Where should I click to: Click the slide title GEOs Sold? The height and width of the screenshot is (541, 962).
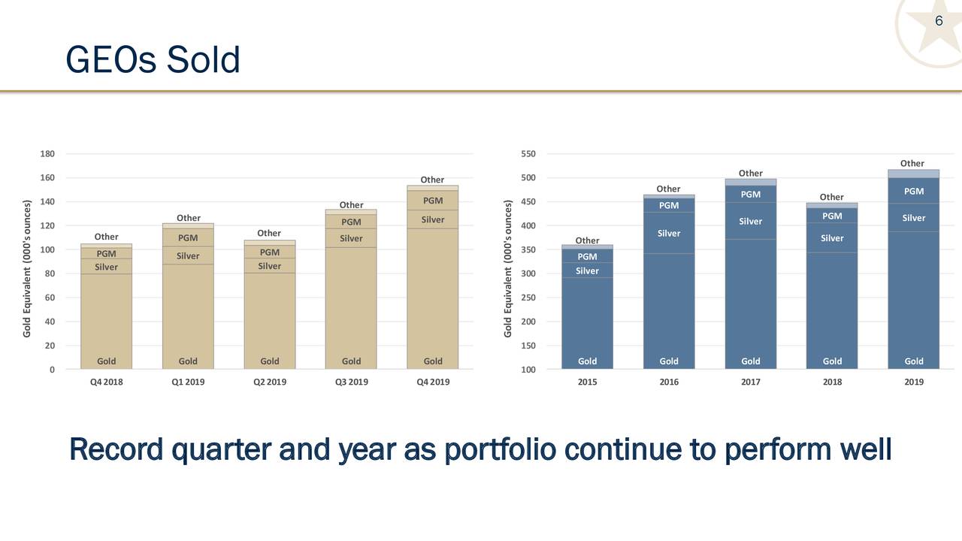point(153,60)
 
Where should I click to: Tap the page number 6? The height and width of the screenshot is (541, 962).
point(939,21)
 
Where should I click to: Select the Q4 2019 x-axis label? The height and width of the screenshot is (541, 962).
point(432,382)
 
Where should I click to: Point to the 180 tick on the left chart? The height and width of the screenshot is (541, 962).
point(47,154)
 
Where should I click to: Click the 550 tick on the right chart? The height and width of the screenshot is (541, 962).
point(528,154)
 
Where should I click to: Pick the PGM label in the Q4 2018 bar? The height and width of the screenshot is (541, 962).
point(106,254)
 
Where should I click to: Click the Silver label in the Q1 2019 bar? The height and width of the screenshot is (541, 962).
point(188,256)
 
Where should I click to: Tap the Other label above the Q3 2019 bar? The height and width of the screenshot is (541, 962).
point(351,205)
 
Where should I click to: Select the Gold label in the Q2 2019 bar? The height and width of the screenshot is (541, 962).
point(269,361)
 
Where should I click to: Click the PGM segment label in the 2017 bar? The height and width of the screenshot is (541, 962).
point(750,195)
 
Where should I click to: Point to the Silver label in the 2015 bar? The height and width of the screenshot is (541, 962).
point(587,271)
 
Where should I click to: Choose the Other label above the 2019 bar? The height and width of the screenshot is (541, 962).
point(912,164)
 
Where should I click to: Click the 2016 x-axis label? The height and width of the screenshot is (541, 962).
point(669,382)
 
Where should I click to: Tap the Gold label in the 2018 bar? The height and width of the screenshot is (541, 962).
point(832,361)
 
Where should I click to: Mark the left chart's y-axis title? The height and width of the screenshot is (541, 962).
point(28,268)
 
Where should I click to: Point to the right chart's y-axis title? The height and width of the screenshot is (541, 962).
point(509,268)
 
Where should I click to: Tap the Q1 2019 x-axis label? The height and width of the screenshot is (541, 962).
point(188,382)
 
